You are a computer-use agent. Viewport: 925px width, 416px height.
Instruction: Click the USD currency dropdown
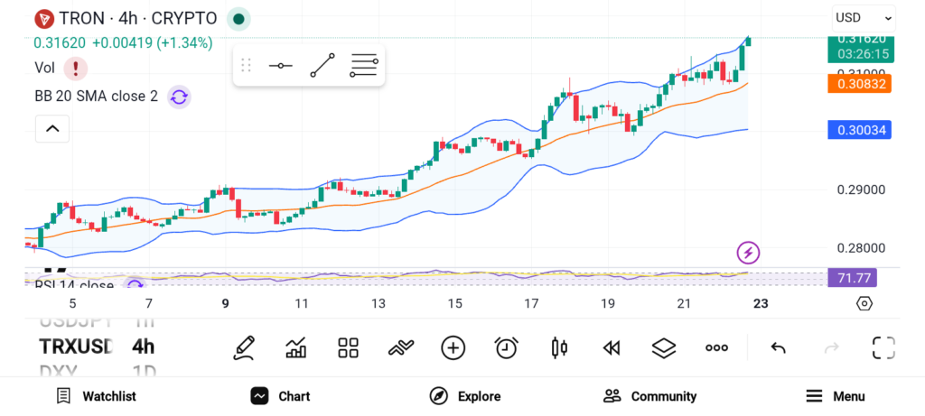[863, 17]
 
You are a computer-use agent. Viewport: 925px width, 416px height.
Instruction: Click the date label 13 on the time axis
[378, 303]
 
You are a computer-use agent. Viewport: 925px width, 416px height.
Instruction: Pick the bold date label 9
[225, 303]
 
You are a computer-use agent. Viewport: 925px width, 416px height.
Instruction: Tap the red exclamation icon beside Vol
[75, 68]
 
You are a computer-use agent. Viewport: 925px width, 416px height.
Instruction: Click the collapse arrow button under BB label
[52, 130]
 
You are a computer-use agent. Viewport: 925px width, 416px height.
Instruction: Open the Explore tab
[464, 396]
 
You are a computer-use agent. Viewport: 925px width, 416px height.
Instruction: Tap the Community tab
[649, 396]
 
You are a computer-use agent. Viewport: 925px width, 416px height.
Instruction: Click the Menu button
[836, 396]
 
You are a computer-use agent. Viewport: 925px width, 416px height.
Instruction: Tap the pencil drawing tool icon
[243, 347]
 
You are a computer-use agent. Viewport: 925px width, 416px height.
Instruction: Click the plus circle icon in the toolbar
[453, 347]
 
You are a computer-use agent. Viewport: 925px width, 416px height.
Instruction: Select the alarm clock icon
[506, 347]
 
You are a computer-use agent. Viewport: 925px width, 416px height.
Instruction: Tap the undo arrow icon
[778, 347]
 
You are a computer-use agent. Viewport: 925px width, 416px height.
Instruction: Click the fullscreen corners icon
[883, 347]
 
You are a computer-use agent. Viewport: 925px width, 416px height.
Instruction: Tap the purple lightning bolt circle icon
[748, 252]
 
